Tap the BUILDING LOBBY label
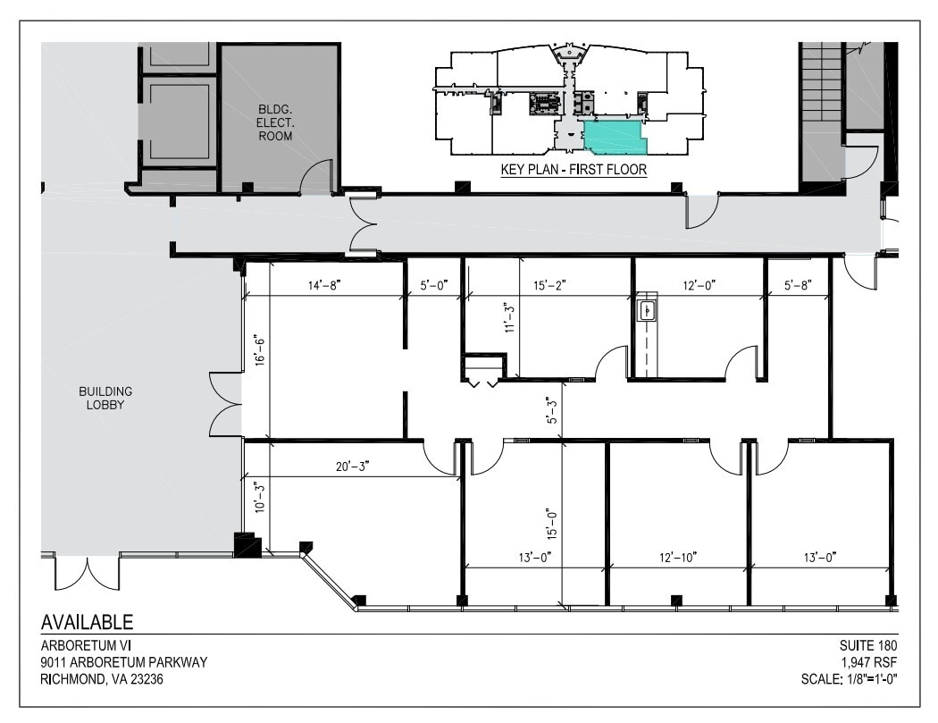tap(105, 398)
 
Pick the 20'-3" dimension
tap(343, 465)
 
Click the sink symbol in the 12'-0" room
tap(648, 310)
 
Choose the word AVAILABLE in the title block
tap(88, 622)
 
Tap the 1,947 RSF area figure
tap(867, 662)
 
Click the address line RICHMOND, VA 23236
tap(102, 679)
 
